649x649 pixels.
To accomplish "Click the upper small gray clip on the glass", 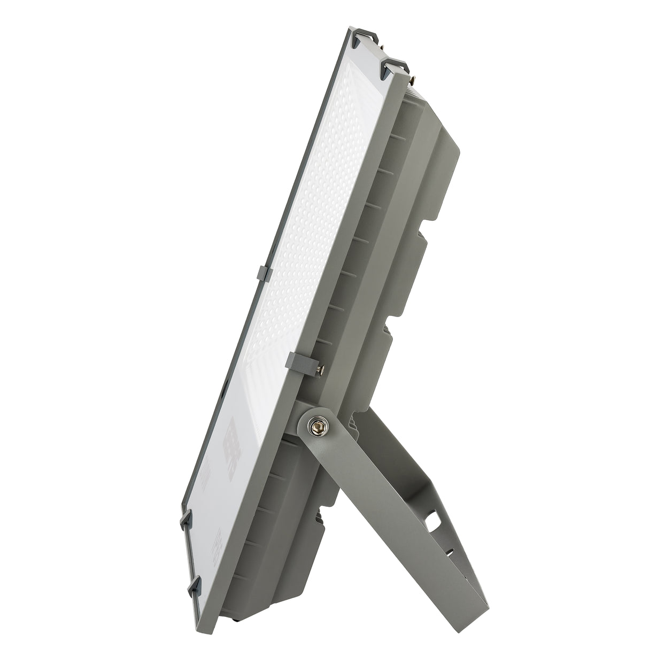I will point(265,273).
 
